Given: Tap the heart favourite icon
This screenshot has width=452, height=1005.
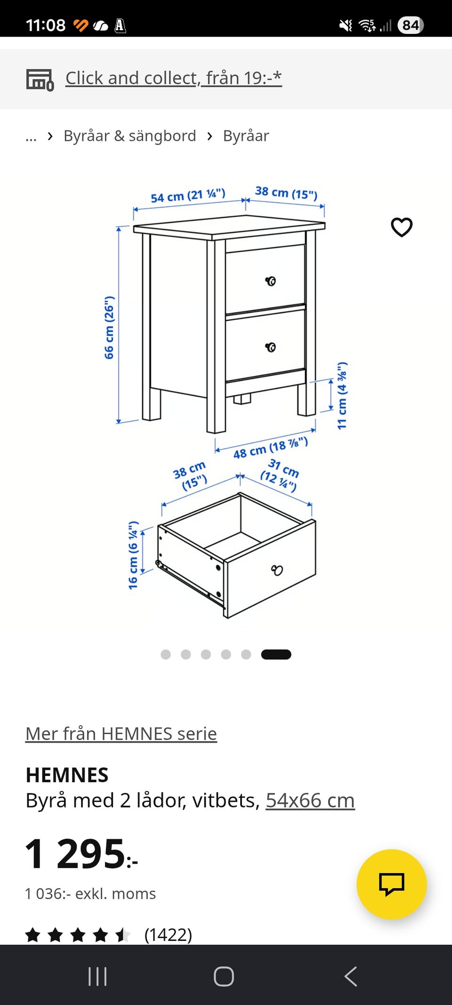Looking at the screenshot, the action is (x=402, y=227).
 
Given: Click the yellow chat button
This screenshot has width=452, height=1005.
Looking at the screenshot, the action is (x=392, y=884).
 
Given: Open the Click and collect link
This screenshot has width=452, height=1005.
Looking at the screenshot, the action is (x=173, y=78).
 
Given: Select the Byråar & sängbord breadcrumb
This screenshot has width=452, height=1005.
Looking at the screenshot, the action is (x=130, y=136).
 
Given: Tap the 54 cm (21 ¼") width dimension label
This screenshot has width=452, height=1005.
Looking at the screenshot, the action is (x=188, y=196).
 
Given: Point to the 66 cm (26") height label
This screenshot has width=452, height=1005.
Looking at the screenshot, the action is (x=109, y=327).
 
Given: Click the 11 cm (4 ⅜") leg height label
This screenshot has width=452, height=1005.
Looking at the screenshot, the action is (x=342, y=396).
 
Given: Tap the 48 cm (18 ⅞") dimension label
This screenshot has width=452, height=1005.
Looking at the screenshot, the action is (x=271, y=448).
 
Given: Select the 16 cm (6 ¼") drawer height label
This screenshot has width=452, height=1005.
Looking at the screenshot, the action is (x=133, y=555).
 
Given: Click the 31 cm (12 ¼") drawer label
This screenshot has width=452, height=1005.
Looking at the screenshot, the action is (x=280, y=475).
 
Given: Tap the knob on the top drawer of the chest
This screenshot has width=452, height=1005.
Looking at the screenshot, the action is (x=271, y=281).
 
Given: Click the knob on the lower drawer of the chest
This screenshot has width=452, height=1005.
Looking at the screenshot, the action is (x=271, y=347).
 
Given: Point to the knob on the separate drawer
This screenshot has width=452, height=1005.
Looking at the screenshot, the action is (x=277, y=570).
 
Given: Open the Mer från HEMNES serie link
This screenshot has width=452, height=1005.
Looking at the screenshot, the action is (x=121, y=734).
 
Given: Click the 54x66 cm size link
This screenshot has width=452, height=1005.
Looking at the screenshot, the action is (x=310, y=801).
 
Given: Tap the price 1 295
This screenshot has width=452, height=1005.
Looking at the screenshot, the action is (x=81, y=854).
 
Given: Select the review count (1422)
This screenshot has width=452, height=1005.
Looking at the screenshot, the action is (x=168, y=935).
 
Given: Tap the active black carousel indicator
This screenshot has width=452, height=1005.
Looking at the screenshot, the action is (x=276, y=654).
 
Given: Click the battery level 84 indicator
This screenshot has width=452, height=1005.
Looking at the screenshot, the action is (x=411, y=25).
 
